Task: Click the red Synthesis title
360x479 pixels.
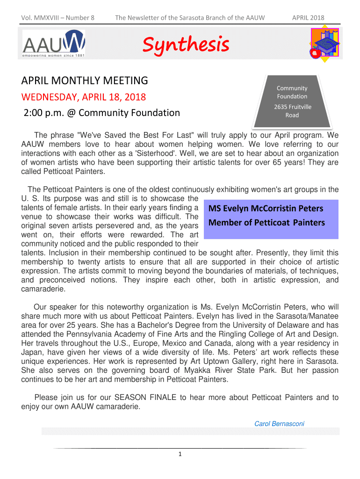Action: pyautogui.click(x=186, y=45)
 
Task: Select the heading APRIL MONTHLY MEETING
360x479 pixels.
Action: pyautogui.click(x=85, y=80)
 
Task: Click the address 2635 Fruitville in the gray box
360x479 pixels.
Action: pyautogui.click(x=292, y=107)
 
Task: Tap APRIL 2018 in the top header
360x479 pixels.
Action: pyautogui.click(x=308, y=18)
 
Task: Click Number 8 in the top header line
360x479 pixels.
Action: pyautogui.click(x=80, y=18)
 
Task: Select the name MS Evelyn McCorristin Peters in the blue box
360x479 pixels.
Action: pyautogui.click(x=266, y=208)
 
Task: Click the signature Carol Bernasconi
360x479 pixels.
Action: pyautogui.click(x=279, y=424)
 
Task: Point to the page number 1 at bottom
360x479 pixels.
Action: pyautogui.click(x=180, y=454)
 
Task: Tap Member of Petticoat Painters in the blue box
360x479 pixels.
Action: pyautogui.click(x=266, y=223)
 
